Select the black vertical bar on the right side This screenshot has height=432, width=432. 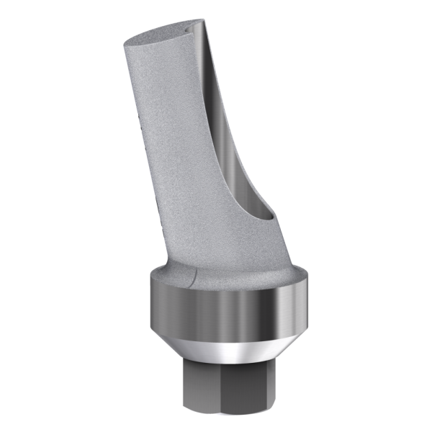[374, 216]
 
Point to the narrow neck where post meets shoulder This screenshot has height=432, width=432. [216, 256]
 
